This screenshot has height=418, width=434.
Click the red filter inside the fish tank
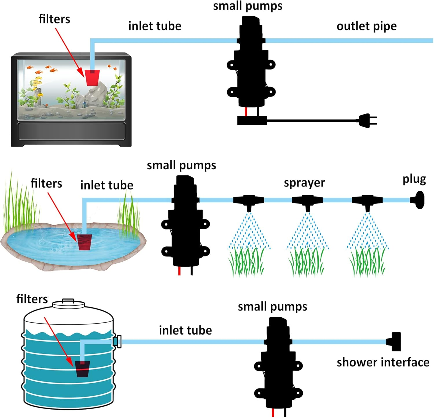[x=92, y=77]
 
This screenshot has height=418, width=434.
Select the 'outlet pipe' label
[x=367, y=26]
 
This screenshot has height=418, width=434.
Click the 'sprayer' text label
[x=304, y=183]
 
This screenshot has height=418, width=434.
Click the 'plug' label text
[x=414, y=180]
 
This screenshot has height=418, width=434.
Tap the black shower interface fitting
[x=394, y=342]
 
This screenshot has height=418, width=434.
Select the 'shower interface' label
[x=383, y=362]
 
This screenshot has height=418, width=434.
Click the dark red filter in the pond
[x=84, y=242]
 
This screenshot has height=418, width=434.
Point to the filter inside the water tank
[x=82, y=369]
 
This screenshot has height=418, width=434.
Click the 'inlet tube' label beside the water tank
[x=185, y=330]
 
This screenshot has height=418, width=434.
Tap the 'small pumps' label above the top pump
[x=248, y=6]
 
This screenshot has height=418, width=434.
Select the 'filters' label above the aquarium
[x=54, y=19]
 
